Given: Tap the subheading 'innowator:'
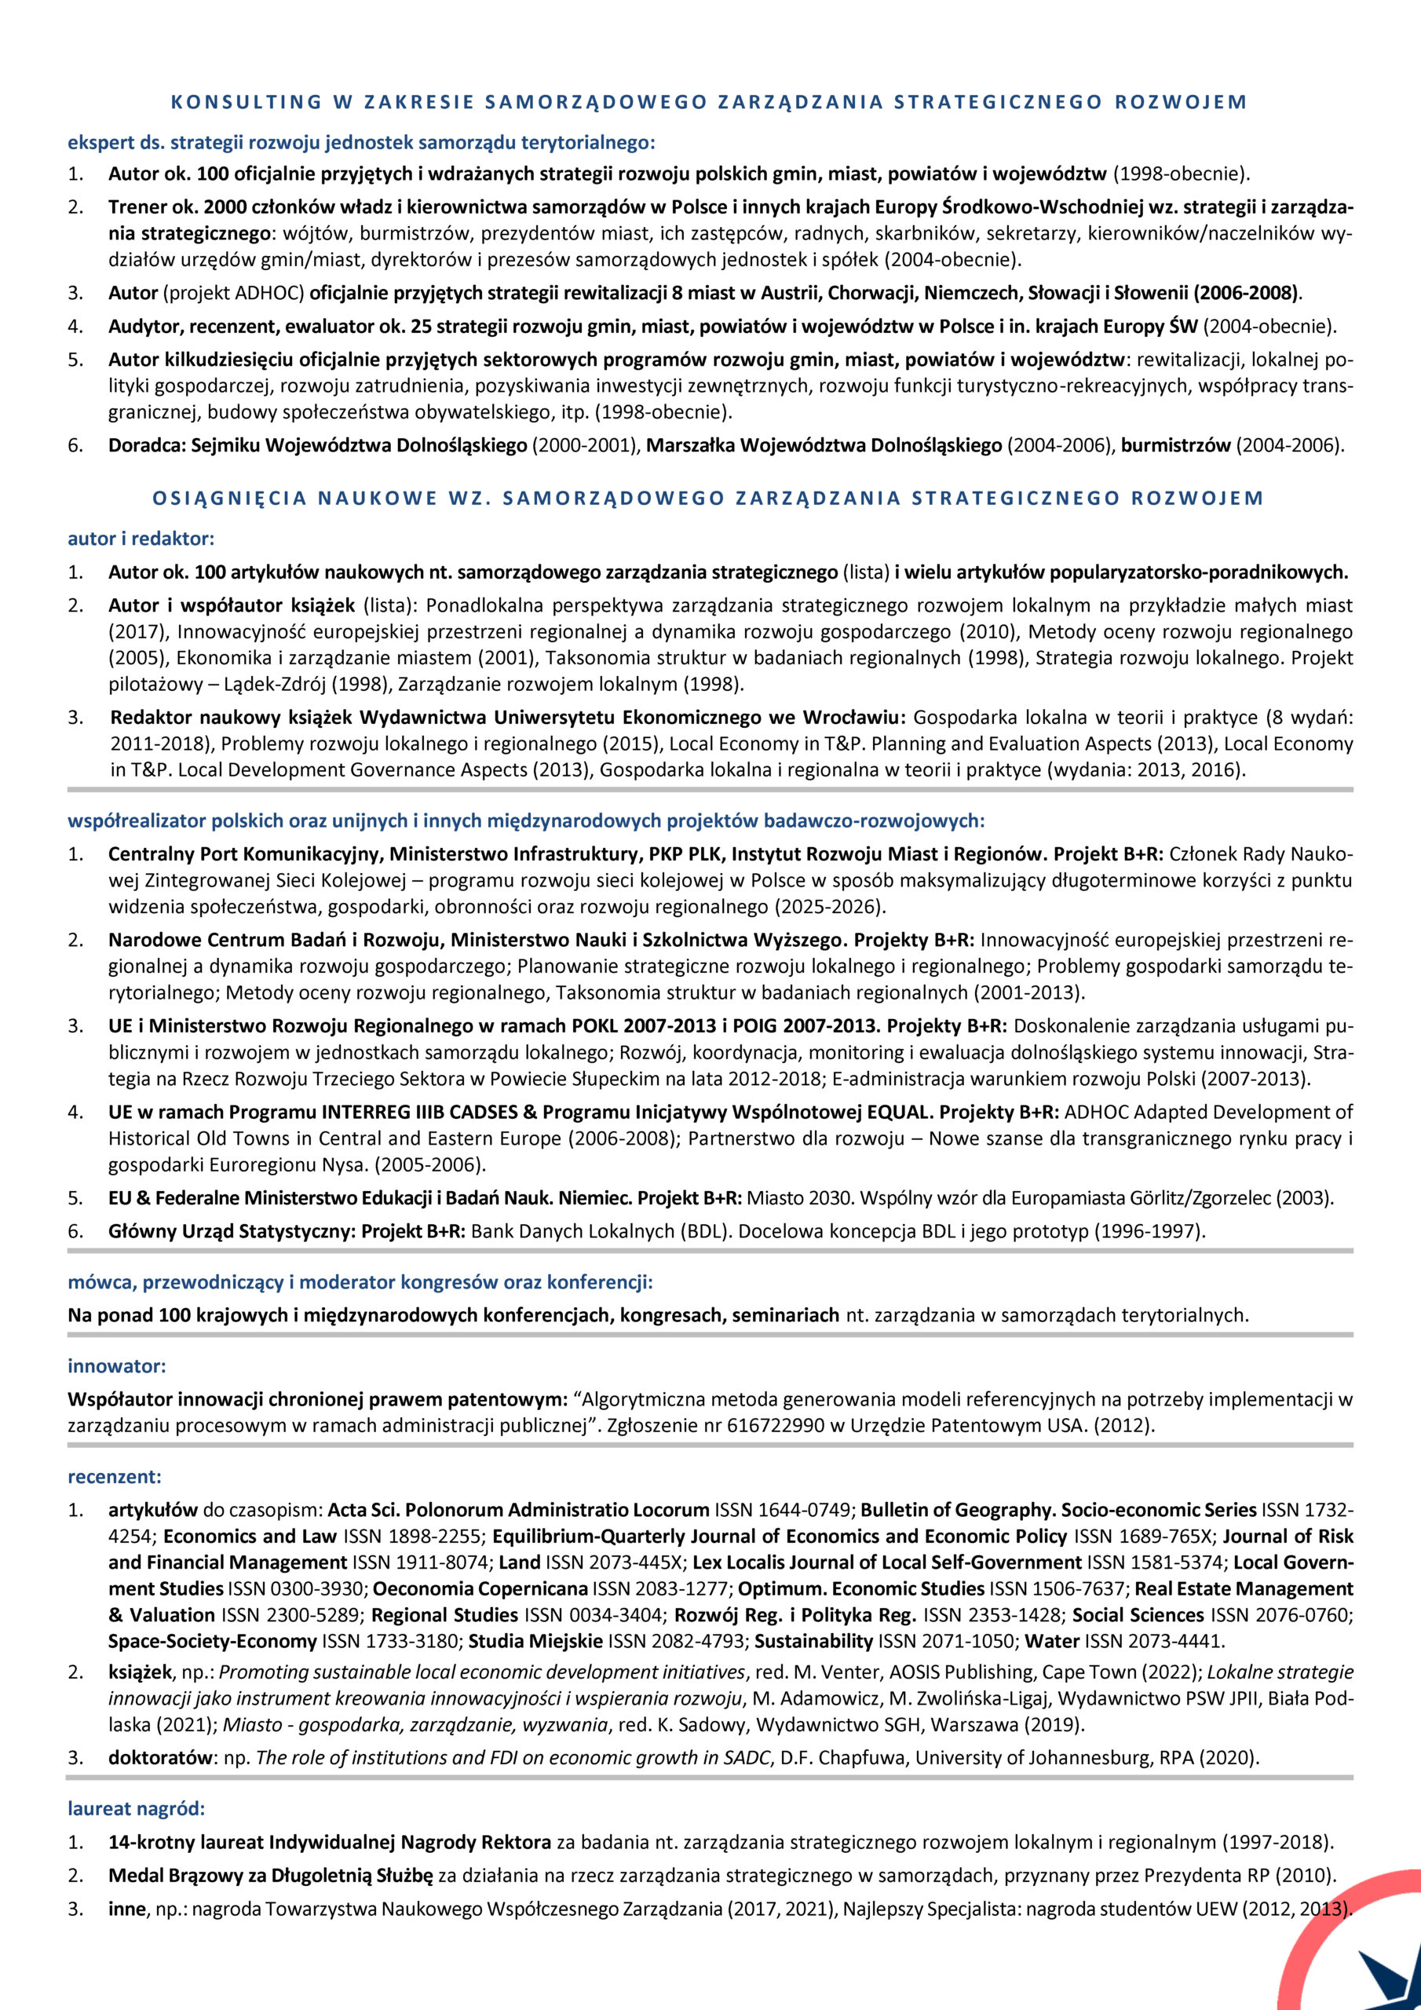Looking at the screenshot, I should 116,1365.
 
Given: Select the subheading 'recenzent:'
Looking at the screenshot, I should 115,1477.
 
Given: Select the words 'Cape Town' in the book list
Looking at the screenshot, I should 1079,1672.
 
